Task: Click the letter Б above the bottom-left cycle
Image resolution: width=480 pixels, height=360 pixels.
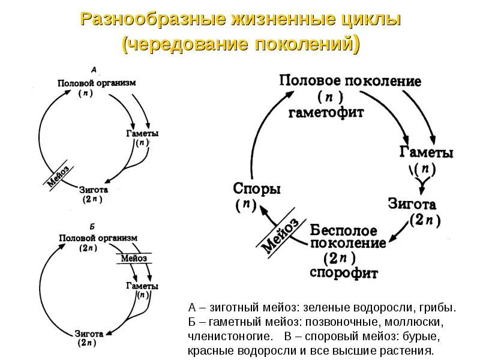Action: point(92,227)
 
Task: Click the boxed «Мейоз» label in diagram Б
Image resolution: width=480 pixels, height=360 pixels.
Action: point(134,259)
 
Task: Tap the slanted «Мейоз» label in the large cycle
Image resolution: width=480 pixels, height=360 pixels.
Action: point(280,235)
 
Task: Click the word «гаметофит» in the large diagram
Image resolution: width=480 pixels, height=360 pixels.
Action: point(326,112)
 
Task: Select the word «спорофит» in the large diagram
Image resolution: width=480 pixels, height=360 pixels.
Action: point(344,274)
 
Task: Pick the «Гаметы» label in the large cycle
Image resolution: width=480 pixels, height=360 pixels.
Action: point(426,153)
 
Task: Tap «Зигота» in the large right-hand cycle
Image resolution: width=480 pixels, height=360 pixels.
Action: point(412,204)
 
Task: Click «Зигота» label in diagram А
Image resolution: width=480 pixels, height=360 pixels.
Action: point(92,189)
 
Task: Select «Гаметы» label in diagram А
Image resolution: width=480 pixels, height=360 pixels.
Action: point(142,133)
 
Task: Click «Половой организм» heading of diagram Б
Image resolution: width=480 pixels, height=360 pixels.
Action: point(98,238)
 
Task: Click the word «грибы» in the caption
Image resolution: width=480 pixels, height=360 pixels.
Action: point(439,308)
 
